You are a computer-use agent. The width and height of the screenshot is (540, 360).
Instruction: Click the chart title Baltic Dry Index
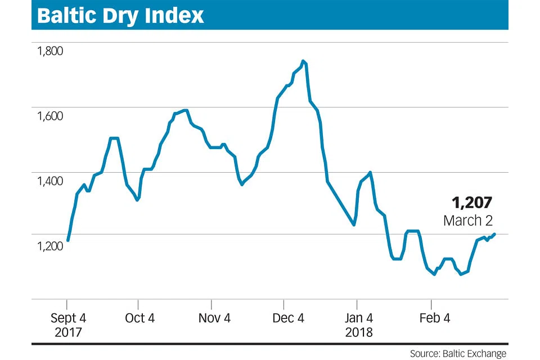coord(120,15)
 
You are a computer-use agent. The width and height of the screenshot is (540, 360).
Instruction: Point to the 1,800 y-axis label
coord(50,51)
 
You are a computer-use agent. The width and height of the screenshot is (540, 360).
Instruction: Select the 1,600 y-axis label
coord(50,116)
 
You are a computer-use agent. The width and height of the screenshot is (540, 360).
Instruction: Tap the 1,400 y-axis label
coord(50,181)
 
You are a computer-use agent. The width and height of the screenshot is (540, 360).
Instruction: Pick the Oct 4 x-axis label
coord(139,318)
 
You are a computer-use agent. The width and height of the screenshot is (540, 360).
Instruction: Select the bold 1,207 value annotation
coord(472,202)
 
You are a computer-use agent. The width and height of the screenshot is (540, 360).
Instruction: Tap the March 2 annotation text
coord(468,220)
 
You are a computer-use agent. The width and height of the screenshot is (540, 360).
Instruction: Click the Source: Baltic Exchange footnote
coord(458,353)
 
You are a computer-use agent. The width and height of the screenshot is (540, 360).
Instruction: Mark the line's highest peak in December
coord(303,61)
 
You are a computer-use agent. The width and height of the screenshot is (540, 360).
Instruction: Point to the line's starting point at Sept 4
coord(67,240)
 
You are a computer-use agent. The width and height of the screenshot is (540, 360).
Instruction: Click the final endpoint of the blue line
coord(494,234)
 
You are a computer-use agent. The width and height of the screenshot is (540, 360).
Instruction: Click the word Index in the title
coord(175,15)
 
